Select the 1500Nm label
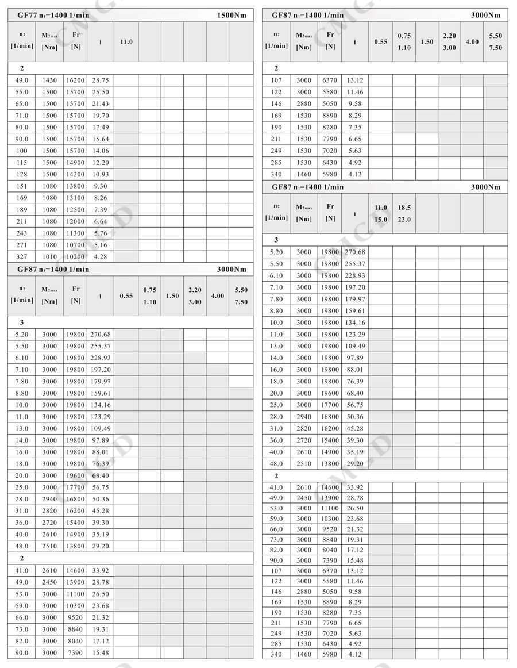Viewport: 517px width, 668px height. tap(232, 15)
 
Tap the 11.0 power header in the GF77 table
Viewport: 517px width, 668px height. tap(126, 41)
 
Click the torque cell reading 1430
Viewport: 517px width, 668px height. tap(49, 80)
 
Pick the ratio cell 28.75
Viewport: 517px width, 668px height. tap(100, 80)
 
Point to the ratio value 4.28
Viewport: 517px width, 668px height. tap(100, 257)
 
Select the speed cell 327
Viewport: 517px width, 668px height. tap(21, 257)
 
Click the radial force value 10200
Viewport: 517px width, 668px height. tap(75, 257)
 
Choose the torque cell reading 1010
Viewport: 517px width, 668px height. tap(49, 257)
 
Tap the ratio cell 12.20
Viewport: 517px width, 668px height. tap(100, 163)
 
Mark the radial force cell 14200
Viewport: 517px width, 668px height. tap(75, 174)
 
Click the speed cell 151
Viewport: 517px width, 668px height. tap(21, 186)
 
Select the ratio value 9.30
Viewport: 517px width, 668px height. tap(100, 186)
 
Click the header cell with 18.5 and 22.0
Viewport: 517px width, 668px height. tap(404, 213)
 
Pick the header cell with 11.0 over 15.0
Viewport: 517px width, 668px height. tap(380, 213)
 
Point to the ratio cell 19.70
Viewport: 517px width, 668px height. tap(100, 116)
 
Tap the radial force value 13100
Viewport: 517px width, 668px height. tap(75, 198)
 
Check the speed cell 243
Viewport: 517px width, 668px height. tap(21, 233)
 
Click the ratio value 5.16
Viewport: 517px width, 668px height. tap(100, 245)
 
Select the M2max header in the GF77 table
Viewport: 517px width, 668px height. tap(49, 41)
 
